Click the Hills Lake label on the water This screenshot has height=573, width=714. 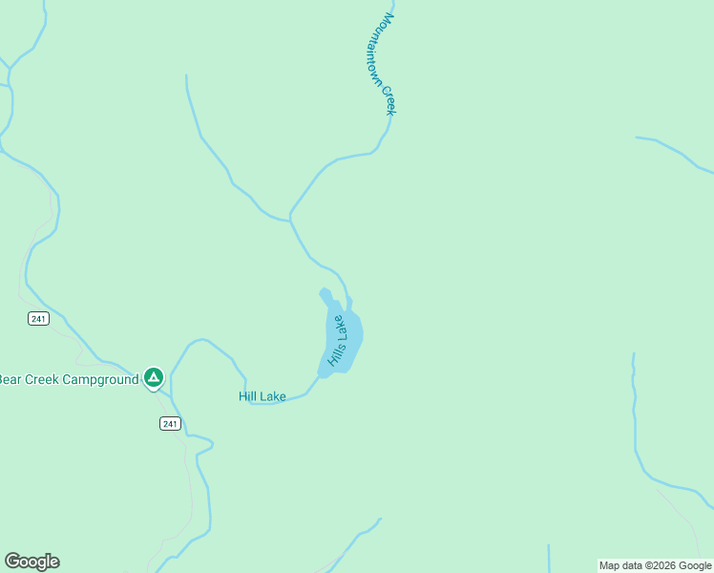(338, 341)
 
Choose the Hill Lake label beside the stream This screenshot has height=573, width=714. (262, 396)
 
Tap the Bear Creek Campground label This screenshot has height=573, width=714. (68, 379)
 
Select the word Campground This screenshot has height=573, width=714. (100, 379)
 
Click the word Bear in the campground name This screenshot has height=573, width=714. (10, 379)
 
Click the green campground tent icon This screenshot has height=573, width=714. (154, 377)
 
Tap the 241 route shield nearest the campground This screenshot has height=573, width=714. (170, 424)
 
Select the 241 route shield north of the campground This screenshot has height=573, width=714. (38, 319)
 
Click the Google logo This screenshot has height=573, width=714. (31, 562)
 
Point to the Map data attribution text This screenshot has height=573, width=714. (655, 565)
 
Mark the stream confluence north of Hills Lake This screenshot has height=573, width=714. (290, 220)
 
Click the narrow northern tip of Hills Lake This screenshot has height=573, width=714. (324, 292)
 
